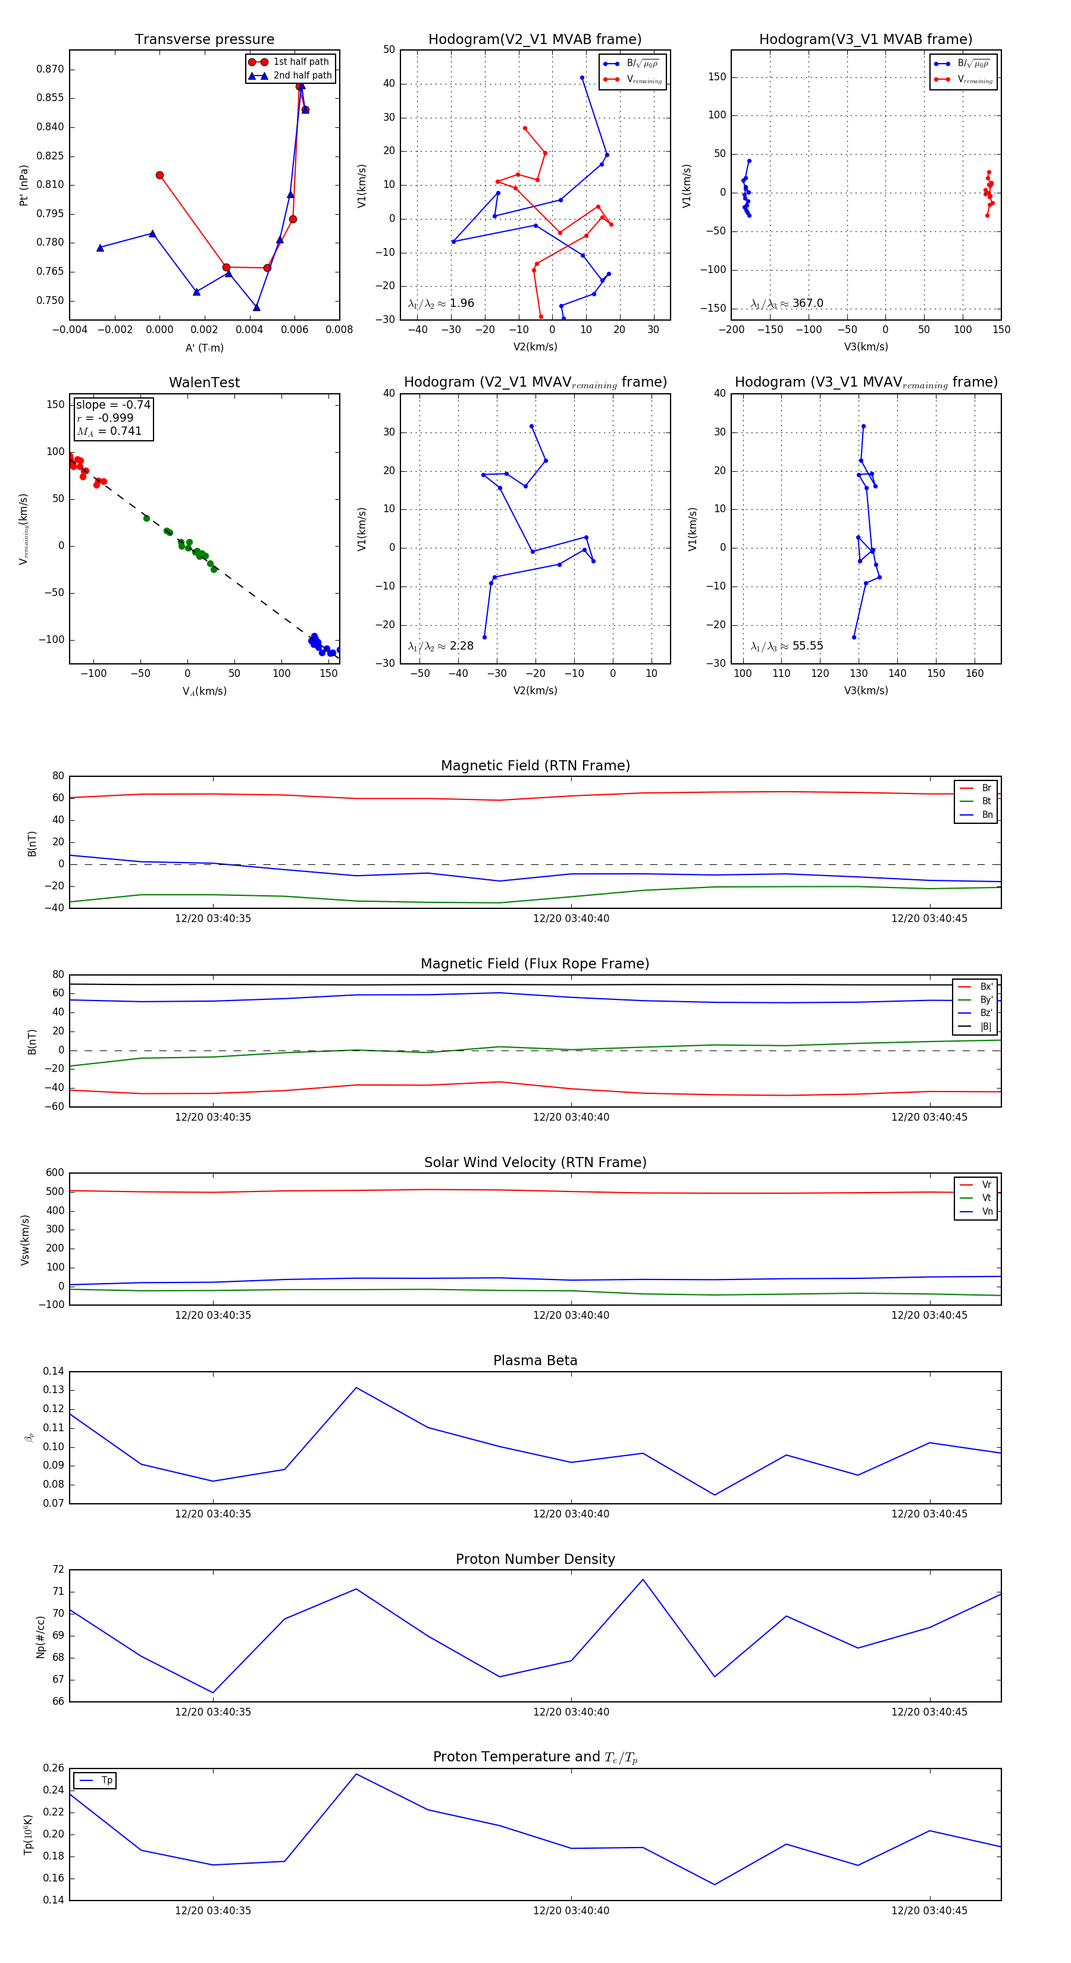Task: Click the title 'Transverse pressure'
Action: (204, 40)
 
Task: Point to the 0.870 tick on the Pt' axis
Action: (51, 70)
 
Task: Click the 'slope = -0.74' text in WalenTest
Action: (113, 404)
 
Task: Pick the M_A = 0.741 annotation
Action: (109, 431)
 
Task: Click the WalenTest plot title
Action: (204, 382)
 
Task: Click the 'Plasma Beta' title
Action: (535, 1360)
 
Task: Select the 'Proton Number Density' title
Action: (535, 1559)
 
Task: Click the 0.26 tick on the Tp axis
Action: (54, 1768)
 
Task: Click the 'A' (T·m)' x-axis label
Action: (204, 347)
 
